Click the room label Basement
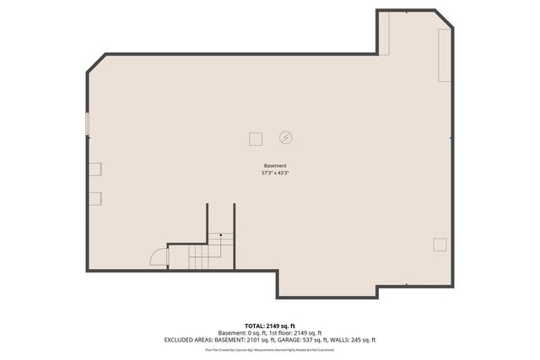pos(275,165)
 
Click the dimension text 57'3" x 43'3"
pos(275,173)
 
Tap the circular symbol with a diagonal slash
pos(286,137)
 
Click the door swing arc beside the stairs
pos(159,256)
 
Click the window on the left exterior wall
pos(87,123)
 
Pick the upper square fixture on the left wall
pos(95,168)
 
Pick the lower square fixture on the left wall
pos(95,198)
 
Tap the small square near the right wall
pos(440,244)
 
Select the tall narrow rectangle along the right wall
pos(445,56)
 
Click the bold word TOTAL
pos(255,325)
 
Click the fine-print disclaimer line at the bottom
pos(269,349)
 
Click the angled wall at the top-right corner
pos(445,19)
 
